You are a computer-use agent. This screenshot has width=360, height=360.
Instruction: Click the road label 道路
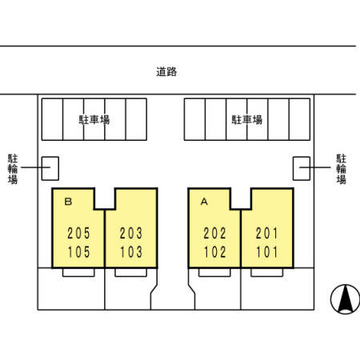[166, 71]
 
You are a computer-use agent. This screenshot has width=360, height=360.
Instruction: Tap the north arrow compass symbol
[345, 299]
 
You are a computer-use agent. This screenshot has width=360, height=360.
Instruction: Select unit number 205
[78, 234]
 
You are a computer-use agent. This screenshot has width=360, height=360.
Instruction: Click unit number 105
[78, 252]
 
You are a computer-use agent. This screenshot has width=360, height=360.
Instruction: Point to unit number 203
[130, 234]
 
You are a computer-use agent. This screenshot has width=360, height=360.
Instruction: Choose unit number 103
[131, 252]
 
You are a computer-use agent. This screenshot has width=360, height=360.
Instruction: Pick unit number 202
[214, 234]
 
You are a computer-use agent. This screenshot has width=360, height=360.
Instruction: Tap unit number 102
[215, 252]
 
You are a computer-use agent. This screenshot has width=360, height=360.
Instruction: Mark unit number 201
[267, 234]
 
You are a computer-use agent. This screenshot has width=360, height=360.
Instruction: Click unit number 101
[267, 252]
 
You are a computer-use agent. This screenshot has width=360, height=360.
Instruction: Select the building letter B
[68, 202]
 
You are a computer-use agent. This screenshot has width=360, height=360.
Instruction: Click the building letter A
[204, 202]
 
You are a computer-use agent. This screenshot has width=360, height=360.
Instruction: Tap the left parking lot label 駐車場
[94, 120]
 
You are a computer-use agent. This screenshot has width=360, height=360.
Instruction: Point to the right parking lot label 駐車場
[247, 120]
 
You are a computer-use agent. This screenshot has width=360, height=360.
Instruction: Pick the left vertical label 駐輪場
[13, 169]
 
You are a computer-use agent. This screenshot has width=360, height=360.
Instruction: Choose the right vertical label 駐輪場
[341, 169]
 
